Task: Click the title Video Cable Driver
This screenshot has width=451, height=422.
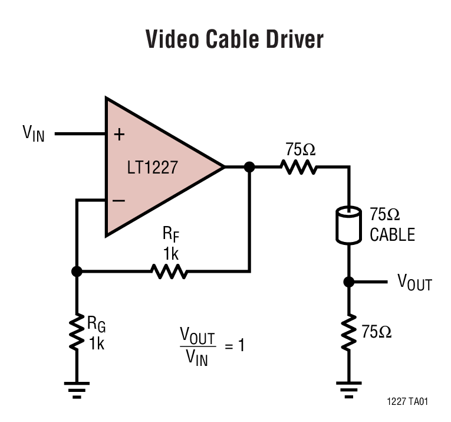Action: point(234,40)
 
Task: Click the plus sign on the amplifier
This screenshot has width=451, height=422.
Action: point(119,135)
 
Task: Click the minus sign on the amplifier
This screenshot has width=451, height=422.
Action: point(118,201)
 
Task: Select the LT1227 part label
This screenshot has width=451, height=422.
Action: point(152,168)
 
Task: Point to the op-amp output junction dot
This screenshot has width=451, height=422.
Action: point(249,167)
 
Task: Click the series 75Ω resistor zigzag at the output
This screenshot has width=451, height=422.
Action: point(299,167)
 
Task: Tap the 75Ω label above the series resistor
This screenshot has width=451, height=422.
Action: point(300,149)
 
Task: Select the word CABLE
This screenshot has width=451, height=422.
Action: point(392,235)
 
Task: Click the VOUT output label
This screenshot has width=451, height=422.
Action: point(414,283)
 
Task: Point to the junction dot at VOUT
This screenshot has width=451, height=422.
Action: point(348,282)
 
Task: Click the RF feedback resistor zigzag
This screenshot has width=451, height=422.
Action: point(170,271)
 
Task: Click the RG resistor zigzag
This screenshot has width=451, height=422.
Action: point(77,332)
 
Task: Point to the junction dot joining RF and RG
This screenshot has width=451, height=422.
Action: point(77,271)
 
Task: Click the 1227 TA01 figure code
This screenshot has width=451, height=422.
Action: point(407,401)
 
